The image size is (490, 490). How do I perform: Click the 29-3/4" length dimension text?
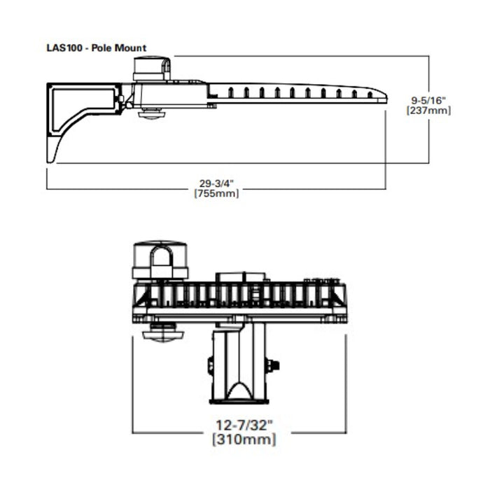[x=216, y=183]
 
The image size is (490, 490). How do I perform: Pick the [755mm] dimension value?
[x=216, y=194]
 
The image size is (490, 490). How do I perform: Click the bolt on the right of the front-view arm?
[x=273, y=365]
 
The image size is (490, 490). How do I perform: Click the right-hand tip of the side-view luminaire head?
[x=384, y=98]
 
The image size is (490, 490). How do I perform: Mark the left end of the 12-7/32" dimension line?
[x=132, y=432]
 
